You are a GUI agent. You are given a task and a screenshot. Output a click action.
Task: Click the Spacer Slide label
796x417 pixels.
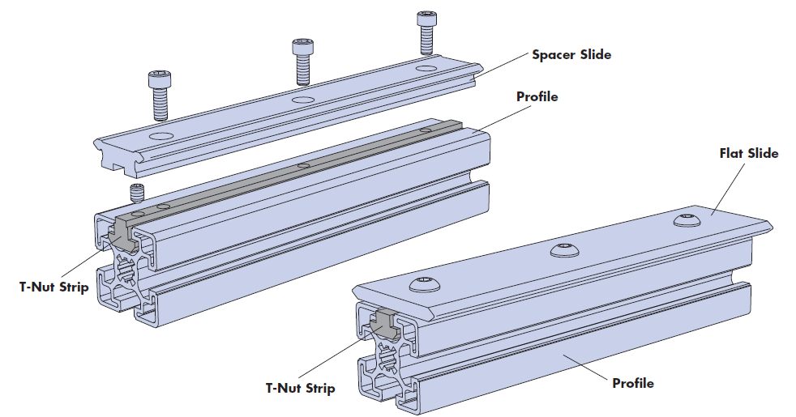[x=571, y=55]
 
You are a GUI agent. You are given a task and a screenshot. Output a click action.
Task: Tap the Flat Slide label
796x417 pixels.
[x=748, y=153]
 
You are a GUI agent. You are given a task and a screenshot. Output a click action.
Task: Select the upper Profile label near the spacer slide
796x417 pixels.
[x=537, y=97]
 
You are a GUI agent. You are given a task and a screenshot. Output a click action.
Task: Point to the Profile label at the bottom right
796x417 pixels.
[x=632, y=382]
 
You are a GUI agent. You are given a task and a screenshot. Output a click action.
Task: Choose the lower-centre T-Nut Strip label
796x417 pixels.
[x=300, y=388]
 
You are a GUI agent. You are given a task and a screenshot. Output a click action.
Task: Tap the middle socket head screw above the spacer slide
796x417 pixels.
[x=302, y=61]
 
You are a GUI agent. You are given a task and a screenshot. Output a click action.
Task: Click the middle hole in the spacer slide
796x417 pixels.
[x=302, y=99]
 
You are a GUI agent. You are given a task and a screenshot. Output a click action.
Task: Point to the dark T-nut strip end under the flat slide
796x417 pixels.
[x=383, y=322]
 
